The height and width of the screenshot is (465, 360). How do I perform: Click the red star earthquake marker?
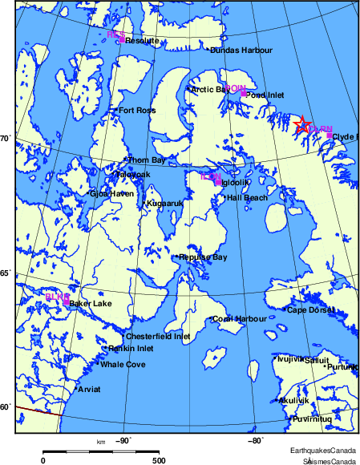[x=301, y=123]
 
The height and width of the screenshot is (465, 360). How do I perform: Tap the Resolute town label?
[x=138, y=40]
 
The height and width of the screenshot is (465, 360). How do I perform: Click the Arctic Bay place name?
[x=208, y=90]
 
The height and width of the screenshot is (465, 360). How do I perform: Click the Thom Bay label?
[x=147, y=160]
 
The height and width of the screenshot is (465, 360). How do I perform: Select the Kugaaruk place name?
[x=164, y=204]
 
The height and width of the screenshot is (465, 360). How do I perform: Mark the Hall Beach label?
[x=247, y=197]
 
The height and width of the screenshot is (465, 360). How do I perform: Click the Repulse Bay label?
[x=203, y=257]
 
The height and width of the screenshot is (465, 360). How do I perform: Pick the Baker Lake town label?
[x=90, y=304]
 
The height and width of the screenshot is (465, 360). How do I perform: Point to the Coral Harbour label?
[x=240, y=319]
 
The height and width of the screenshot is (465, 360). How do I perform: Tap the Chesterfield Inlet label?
[x=158, y=337]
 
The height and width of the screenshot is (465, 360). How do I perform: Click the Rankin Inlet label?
[x=131, y=349]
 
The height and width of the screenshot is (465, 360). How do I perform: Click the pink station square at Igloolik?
[x=218, y=182]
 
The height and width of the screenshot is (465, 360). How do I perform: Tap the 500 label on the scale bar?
[x=158, y=461]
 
